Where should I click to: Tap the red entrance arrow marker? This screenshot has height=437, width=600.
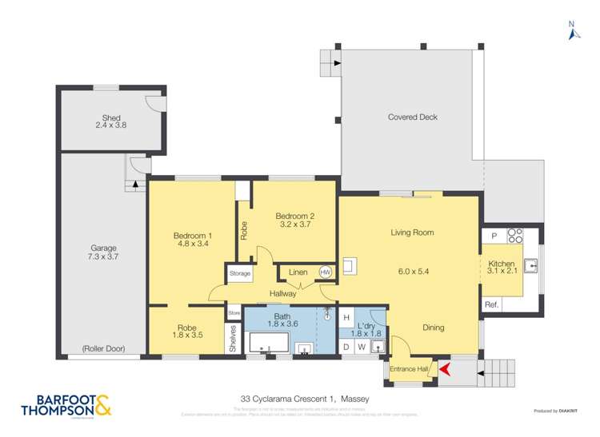point(446,369)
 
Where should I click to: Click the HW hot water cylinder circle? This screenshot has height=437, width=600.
point(325,272)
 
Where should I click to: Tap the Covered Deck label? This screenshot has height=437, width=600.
point(412,117)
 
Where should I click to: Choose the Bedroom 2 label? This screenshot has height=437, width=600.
point(294,215)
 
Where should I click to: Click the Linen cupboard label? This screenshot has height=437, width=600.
point(298,273)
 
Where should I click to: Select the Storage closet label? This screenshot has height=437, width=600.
point(240,274)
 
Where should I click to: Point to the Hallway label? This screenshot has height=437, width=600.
point(282,293)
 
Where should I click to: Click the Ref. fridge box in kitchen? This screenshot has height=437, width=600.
point(491,304)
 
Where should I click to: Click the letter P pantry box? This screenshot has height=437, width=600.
point(494,236)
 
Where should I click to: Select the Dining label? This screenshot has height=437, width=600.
point(433,328)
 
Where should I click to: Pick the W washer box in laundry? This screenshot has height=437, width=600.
point(362,346)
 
